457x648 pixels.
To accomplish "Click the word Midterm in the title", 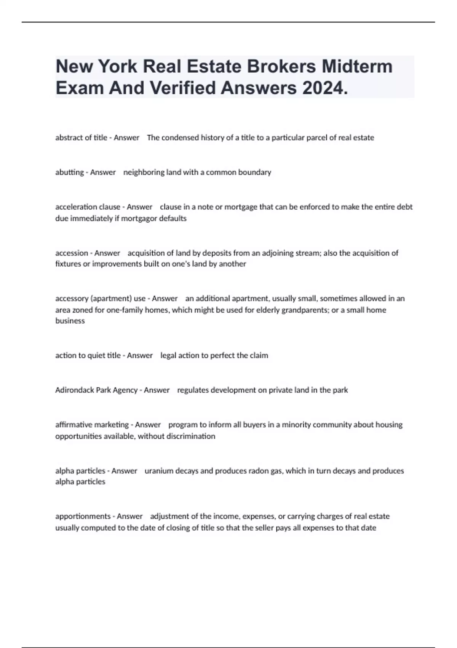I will (x=357, y=66).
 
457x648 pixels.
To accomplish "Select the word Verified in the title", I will (x=182, y=88).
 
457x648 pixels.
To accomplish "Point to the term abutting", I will (x=69, y=172).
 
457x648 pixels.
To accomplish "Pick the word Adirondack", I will (x=74, y=390).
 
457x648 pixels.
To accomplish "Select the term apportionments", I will (x=83, y=516).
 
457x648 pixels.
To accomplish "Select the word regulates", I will (x=193, y=390).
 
